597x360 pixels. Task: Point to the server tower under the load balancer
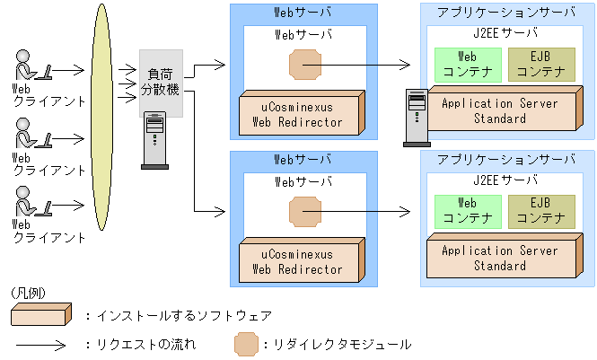[x=154, y=140]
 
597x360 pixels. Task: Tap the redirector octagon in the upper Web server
[x=303, y=65]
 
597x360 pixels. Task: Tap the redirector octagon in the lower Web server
[x=303, y=213]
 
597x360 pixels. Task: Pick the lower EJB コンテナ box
[x=540, y=211]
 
